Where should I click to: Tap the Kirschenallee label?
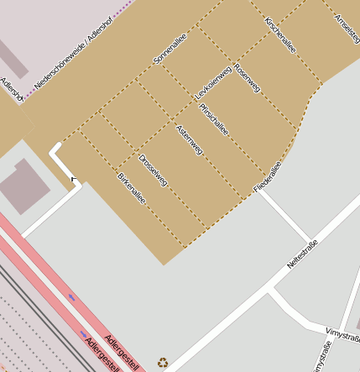pyautogui.click(x=279, y=33)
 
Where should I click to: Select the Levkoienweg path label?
pyautogui.click(x=213, y=83)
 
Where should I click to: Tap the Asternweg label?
pyautogui.click(x=190, y=139)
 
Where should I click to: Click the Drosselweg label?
pyautogui.click(x=154, y=170)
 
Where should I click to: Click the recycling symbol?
pyautogui.click(x=163, y=363)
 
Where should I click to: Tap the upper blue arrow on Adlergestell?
pyautogui.click(x=72, y=297)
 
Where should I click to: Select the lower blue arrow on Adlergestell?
pyautogui.click(x=83, y=333)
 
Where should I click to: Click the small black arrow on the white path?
pyautogui.click(x=73, y=178)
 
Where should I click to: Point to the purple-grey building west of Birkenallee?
pyautogui.click(x=25, y=187)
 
